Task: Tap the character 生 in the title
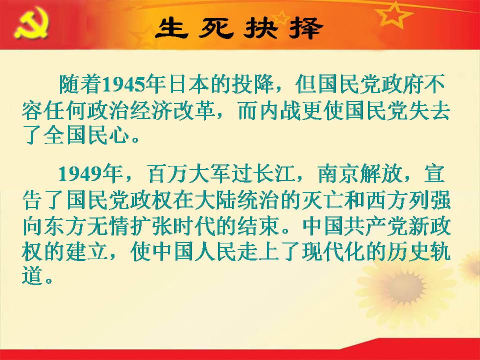(x=172, y=28)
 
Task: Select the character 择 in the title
(x=305, y=28)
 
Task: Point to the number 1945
(x=123, y=84)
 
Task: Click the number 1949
(x=80, y=174)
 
